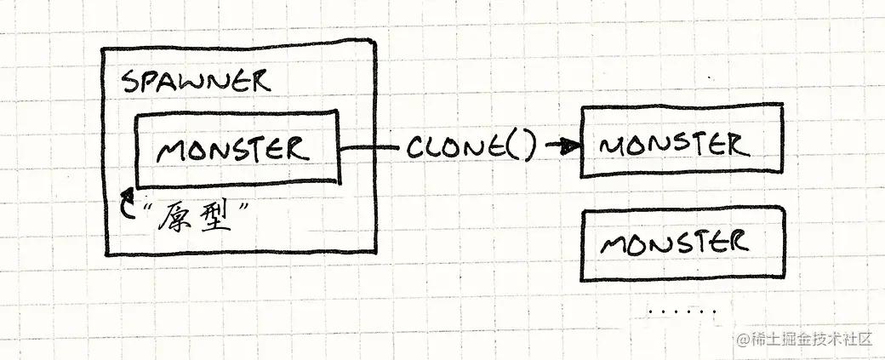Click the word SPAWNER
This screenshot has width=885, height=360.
point(195,82)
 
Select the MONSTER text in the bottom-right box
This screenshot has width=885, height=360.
point(675,243)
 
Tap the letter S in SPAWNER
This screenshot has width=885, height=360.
point(130,83)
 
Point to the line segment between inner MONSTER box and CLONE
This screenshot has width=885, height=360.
point(371,148)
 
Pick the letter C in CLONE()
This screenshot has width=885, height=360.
point(416,147)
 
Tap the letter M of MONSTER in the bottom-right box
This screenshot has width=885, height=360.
point(615,244)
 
